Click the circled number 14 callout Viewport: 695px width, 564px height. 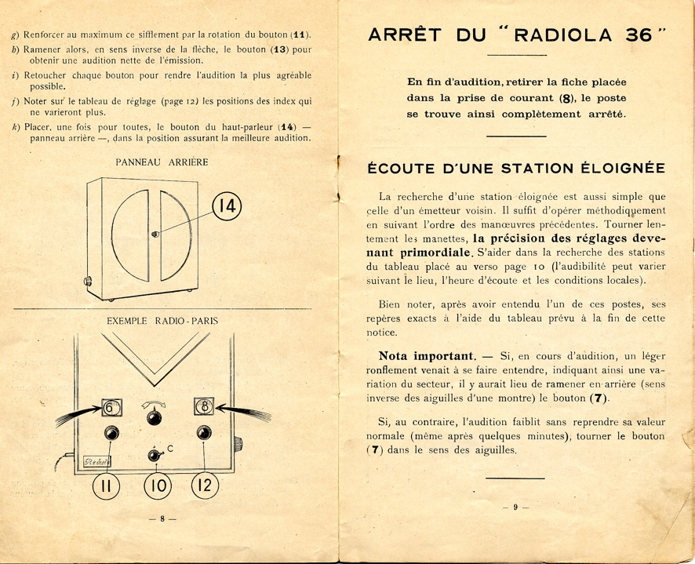[x=227, y=206]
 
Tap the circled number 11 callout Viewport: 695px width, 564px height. [x=107, y=486]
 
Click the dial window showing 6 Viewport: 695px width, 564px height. [x=111, y=408]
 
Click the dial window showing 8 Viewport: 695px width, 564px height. [x=205, y=406]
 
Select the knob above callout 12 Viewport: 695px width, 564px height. [x=204, y=432]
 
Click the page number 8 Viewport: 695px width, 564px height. [x=162, y=519]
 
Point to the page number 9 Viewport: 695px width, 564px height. [x=515, y=508]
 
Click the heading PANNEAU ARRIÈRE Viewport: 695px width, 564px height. [x=162, y=162]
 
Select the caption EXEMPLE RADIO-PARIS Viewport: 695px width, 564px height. [x=162, y=321]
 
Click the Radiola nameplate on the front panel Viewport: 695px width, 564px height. [x=98, y=461]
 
